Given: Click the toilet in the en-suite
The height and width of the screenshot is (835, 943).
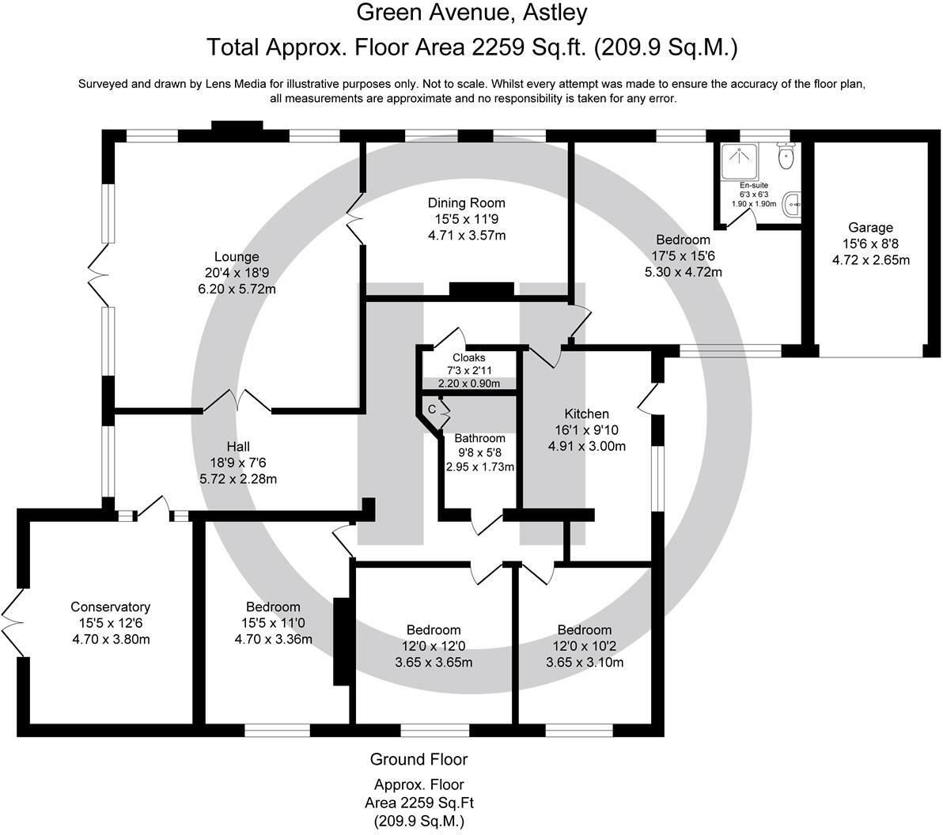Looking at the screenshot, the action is (786, 156).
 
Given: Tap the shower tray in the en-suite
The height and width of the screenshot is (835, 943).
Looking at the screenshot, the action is (740, 161).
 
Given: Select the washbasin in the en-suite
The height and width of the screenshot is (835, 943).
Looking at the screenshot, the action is (793, 204).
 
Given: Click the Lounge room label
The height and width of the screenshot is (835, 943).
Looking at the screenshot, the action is (237, 257).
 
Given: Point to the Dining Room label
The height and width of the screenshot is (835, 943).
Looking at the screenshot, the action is (466, 203).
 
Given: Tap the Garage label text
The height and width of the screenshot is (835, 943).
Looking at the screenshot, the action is (870, 228).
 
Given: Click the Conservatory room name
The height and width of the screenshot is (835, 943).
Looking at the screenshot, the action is (111, 607).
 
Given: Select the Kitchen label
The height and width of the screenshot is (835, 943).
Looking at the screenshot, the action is (586, 414).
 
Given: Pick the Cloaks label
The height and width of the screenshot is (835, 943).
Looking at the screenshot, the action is (469, 357).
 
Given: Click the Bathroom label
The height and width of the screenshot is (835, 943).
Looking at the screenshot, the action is (479, 438).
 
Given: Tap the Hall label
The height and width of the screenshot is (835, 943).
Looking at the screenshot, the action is (238, 447).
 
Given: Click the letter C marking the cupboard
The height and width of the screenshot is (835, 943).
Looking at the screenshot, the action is (431, 410).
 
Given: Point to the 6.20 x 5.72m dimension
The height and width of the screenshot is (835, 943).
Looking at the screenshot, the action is (237, 289).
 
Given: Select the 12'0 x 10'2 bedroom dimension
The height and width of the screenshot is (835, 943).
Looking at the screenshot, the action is (585, 646).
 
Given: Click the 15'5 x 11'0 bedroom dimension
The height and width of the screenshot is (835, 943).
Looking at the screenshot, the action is (273, 623).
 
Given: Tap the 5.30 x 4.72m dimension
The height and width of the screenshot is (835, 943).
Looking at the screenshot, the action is (684, 272).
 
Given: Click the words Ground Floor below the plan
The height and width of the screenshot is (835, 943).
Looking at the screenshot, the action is (418, 759).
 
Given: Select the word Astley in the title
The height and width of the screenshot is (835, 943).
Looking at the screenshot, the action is (555, 13).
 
